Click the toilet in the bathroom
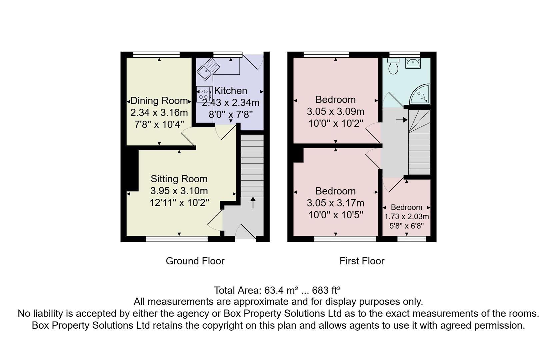394,66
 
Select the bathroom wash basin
413,63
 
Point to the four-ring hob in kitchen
204,94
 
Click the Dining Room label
159,101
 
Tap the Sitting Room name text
179,179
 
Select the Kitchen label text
231,91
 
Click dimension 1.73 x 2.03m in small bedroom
406,217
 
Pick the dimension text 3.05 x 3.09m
335,111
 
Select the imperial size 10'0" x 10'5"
335,215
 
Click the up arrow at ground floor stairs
253,202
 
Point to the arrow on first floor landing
402,120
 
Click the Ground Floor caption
195,261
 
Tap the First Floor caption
362,261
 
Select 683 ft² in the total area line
326,290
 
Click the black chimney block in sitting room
132,170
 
